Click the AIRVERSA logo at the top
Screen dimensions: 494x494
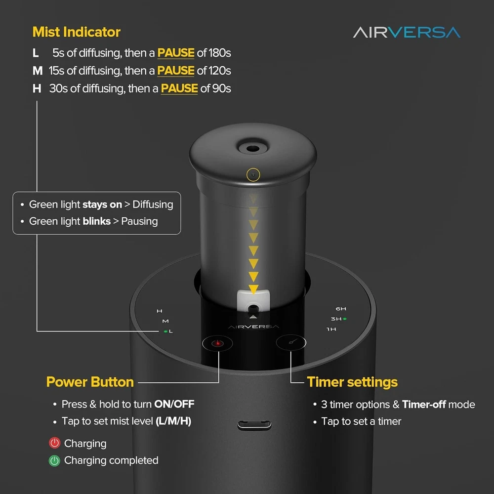pyautogui.click(x=407, y=33)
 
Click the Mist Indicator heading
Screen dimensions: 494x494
pyautogui.click(x=77, y=32)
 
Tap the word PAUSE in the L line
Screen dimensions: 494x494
pyautogui.click(x=176, y=53)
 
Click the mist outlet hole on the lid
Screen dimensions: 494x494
pyautogui.click(x=252, y=148)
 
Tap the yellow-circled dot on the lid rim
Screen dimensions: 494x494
pyautogui.click(x=253, y=174)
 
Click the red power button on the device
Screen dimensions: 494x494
pyautogui.click(x=217, y=343)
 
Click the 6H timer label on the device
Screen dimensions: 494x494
pyautogui.click(x=340, y=309)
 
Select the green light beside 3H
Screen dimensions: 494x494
pyautogui.click(x=345, y=319)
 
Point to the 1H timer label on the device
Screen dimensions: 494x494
pyautogui.click(x=331, y=329)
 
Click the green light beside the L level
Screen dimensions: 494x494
pyautogui.click(x=165, y=331)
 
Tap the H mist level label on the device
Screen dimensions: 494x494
pyautogui.click(x=160, y=311)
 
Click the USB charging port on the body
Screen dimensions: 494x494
pyautogui.click(x=254, y=425)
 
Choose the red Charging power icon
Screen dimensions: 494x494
pyautogui.click(x=54, y=443)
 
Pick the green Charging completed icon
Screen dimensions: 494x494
pyautogui.click(x=54, y=460)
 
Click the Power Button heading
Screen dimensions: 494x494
pyautogui.click(x=90, y=382)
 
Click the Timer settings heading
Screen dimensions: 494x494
pyautogui.click(x=352, y=382)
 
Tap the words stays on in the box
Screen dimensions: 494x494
pyautogui.click(x=102, y=205)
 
